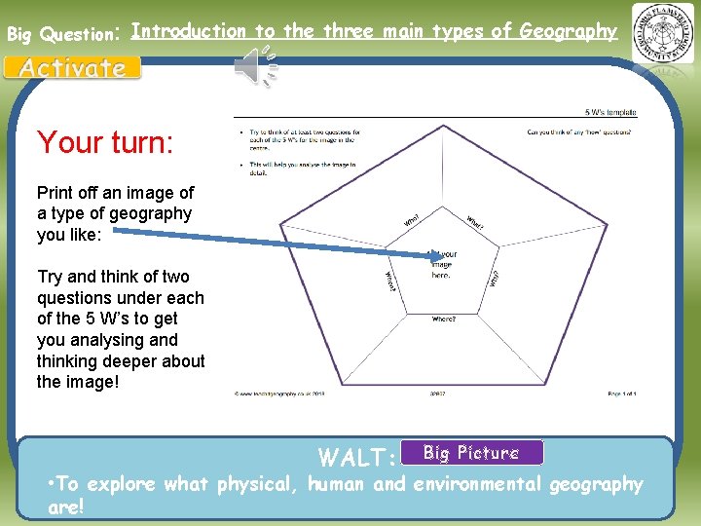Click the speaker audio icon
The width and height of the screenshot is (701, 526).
pos(255,65)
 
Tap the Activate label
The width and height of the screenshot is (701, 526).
pos(73,68)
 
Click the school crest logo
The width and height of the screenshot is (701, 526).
pos(663,33)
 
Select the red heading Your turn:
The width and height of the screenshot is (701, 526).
pos(105,143)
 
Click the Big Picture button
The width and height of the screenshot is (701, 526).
pos(471,453)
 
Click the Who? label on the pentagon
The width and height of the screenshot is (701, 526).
pos(412,221)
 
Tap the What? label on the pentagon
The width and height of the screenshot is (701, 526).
pos(475,223)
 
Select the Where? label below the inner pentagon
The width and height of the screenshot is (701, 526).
pos(444,319)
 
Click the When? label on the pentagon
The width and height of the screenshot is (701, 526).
pos(389,281)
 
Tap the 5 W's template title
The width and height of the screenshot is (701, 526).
pos(610,113)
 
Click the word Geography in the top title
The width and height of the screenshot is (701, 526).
pos(568,31)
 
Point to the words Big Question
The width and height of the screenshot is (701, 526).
pos(60,34)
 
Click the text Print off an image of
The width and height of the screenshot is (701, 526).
pos(115,193)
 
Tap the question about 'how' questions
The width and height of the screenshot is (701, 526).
pos(578,131)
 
